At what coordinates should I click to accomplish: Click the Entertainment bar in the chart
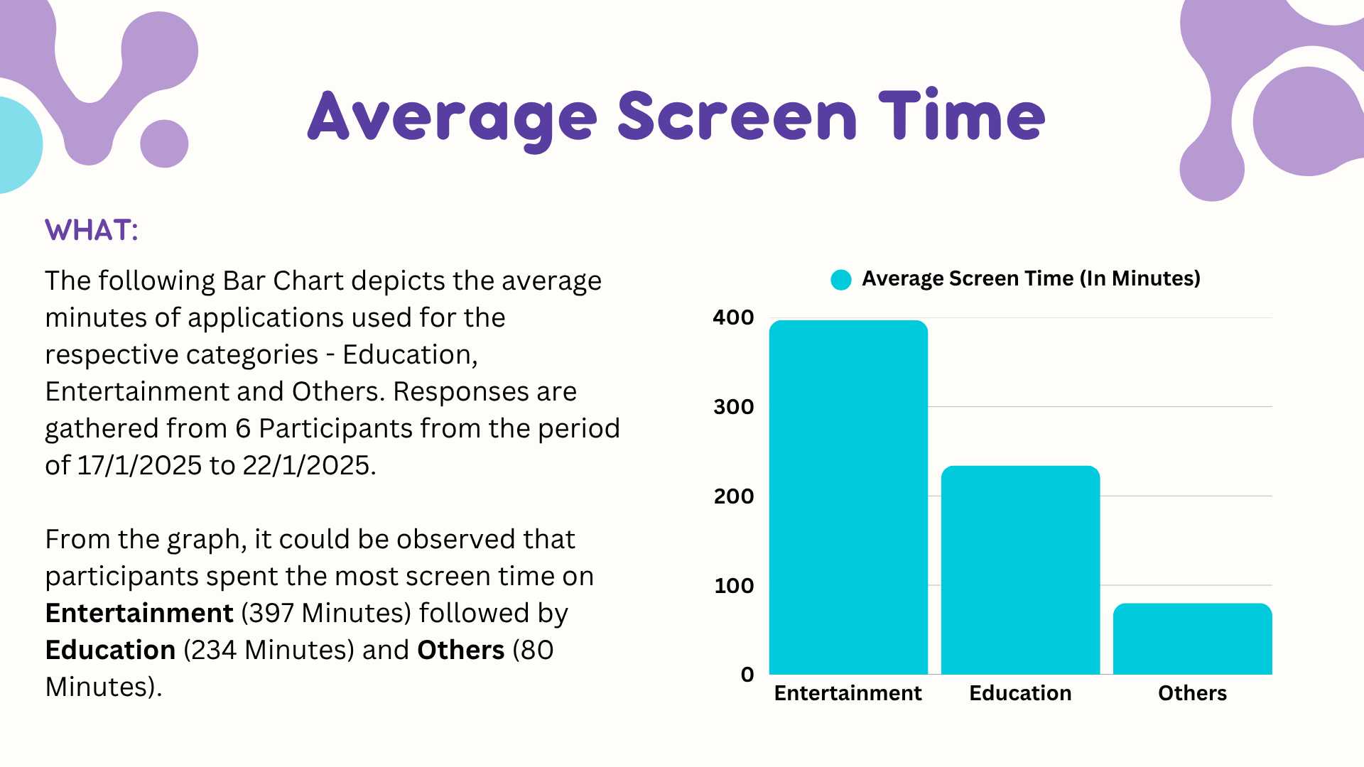(848, 497)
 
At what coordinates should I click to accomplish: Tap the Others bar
(1192, 638)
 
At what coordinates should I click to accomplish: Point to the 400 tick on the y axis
(733, 317)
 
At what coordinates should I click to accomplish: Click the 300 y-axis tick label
(733, 407)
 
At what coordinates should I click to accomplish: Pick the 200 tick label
(733, 496)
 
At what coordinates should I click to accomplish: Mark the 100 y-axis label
(733, 586)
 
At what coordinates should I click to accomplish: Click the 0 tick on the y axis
(747, 675)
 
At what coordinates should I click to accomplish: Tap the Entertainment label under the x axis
(848, 693)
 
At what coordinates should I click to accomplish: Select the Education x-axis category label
(1020, 693)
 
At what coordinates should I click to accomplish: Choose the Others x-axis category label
(1192, 693)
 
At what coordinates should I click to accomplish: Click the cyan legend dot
(841, 280)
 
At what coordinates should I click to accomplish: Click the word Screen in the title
(737, 117)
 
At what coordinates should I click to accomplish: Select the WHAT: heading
(92, 230)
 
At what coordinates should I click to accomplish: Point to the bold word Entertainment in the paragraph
(139, 613)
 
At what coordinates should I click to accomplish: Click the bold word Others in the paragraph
(460, 650)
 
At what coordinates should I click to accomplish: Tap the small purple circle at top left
(164, 143)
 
